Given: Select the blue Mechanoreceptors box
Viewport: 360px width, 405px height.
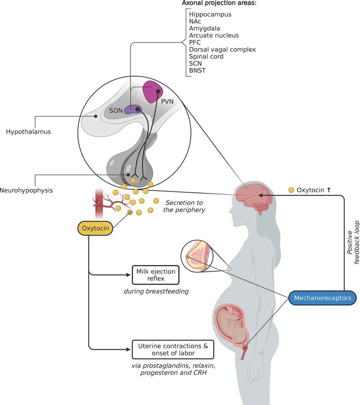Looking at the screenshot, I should (323, 298).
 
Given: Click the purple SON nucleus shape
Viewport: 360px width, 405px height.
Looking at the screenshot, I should (133, 109).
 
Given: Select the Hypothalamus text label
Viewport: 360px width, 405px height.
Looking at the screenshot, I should (28, 132).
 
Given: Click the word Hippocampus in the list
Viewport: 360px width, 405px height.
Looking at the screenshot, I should (210, 14).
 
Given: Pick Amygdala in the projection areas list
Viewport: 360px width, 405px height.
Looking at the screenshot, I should (205, 28).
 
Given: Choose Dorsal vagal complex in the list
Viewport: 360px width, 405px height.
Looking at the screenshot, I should (222, 50).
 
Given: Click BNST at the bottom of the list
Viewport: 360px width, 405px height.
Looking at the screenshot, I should (198, 71).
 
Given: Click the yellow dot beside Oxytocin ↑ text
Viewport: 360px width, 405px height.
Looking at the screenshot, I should (292, 190).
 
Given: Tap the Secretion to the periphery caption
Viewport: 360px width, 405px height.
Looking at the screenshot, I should (184, 206).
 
